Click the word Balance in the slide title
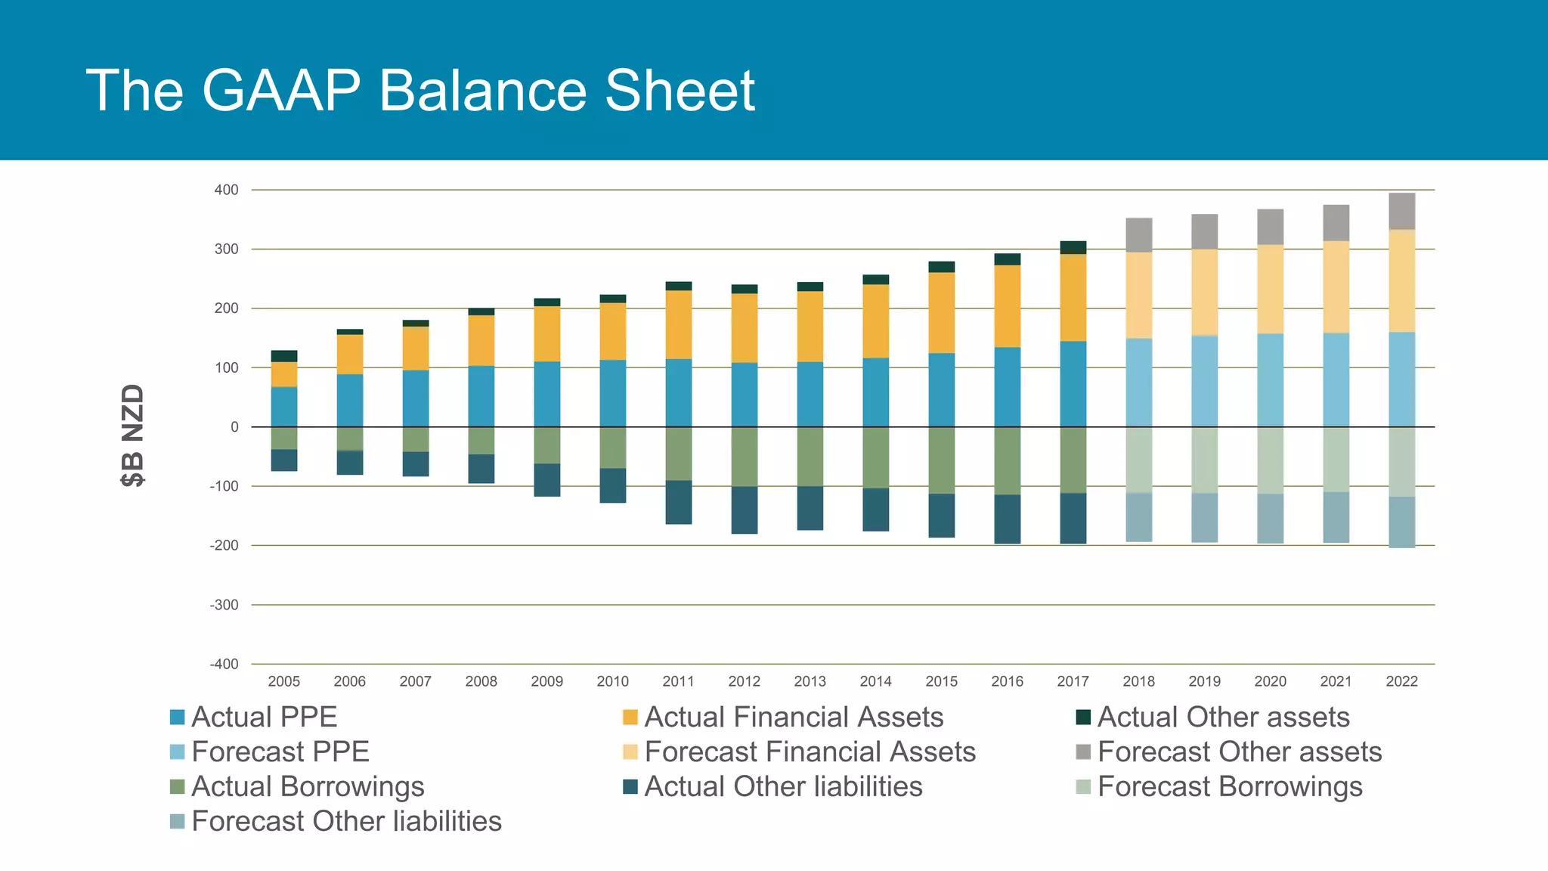pyautogui.click(x=481, y=91)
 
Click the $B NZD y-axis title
pyautogui.click(x=132, y=435)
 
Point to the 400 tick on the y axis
pyautogui.click(x=226, y=190)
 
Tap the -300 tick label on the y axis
pyautogui.click(x=224, y=605)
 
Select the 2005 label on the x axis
pyautogui.click(x=283, y=681)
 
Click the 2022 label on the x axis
pyautogui.click(x=1401, y=681)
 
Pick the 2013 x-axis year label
pyautogui.click(x=810, y=681)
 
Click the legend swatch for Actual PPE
pyautogui.click(x=177, y=717)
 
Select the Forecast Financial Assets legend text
pyautogui.click(x=810, y=752)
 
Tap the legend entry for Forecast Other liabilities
pyautogui.click(x=346, y=821)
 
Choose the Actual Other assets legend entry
pyautogui.click(x=1223, y=717)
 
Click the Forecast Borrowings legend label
pyautogui.click(x=1230, y=786)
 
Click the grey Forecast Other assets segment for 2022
pyautogui.click(x=1401, y=211)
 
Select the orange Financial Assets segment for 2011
pyautogui.click(x=678, y=324)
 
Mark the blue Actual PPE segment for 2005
pyautogui.click(x=283, y=407)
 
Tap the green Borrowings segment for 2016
pyautogui.click(x=1007, y=460)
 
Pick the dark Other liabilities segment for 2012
pyautogui.click(x=744, y=510)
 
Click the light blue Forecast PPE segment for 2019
pyautogui.click(x=1204, y=381)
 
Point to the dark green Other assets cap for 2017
pyautogui.click(x=1073, y=246)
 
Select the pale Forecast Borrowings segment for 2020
pyautogui.click(x=1270, y=460)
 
